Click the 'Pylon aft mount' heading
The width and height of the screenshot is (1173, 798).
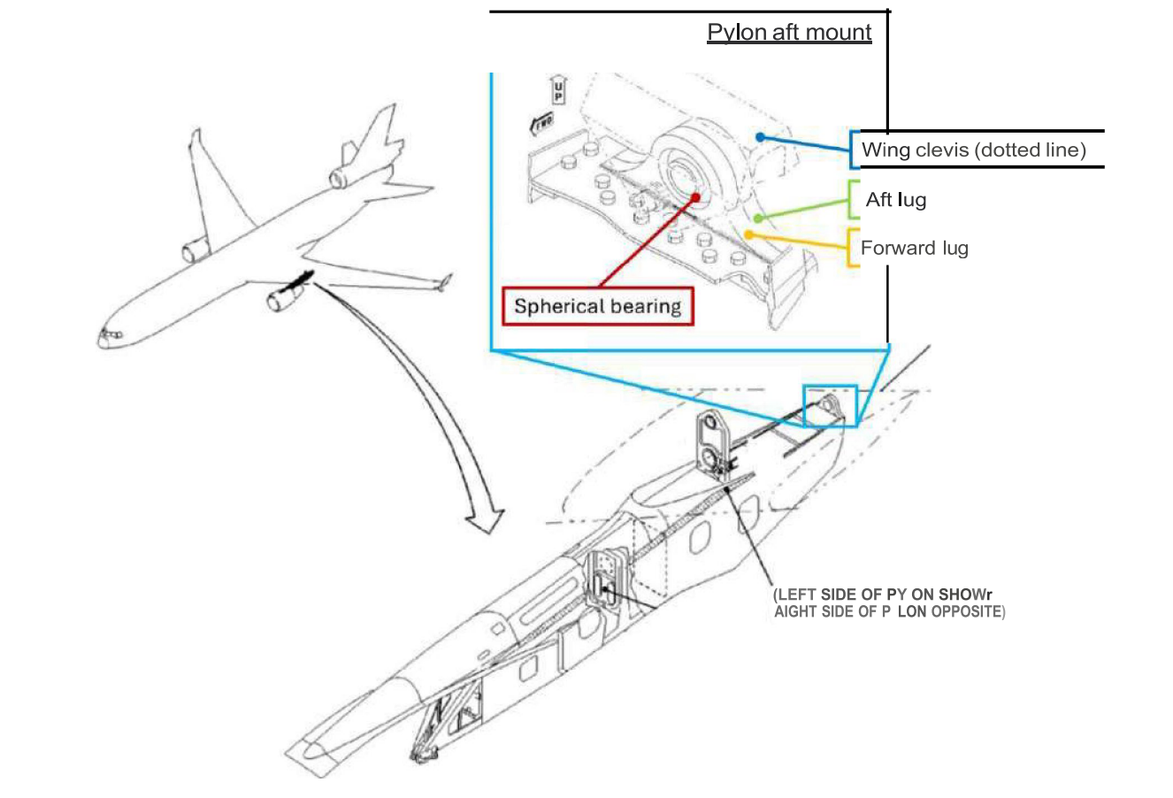(x=789, y=33)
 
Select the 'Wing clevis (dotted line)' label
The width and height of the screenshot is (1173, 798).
(x=973, y=150)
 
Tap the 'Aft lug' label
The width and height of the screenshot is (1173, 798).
(x=895, y=200)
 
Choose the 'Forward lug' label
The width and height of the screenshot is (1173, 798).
(x=914, y=248)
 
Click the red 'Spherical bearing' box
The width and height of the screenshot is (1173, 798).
(x=597, y=307)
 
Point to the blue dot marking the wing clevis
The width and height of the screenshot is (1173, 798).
(x=760, y=137)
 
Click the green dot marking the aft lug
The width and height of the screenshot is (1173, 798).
(x=757, y=217)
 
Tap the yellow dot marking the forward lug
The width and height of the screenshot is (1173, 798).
(x=748, y=234)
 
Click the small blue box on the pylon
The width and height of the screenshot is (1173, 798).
(x=830, y=406)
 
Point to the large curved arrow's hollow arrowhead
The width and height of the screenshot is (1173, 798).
(x=486, y=520)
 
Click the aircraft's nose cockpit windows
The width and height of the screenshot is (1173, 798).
(x=109, y=334)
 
